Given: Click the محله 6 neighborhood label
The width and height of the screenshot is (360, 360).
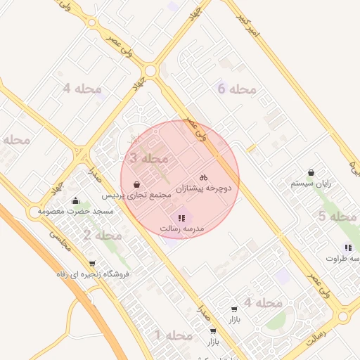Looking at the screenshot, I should [x=236, y=89].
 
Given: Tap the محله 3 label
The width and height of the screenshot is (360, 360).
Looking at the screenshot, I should [x=148, y=160].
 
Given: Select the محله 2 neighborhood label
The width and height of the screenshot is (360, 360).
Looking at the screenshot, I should [x=102, y=235].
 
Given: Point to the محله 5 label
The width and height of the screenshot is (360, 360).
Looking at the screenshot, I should [x=336, y=217].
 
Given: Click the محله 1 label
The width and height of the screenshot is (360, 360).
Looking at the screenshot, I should [x=173, y=335].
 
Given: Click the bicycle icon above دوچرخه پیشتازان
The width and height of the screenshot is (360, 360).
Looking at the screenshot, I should [x=203, y=178].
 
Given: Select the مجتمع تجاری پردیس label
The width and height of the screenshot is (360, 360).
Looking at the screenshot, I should [x=136, y=195].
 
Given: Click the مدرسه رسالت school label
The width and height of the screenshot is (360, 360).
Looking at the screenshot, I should [x=181, y=229].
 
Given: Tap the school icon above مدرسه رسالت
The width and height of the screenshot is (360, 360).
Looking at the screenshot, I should [x=182, y=218].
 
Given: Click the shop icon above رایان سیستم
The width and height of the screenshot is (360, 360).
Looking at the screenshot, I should [x=311, y=172].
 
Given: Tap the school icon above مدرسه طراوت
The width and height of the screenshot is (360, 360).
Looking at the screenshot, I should [x=348, y=247].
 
